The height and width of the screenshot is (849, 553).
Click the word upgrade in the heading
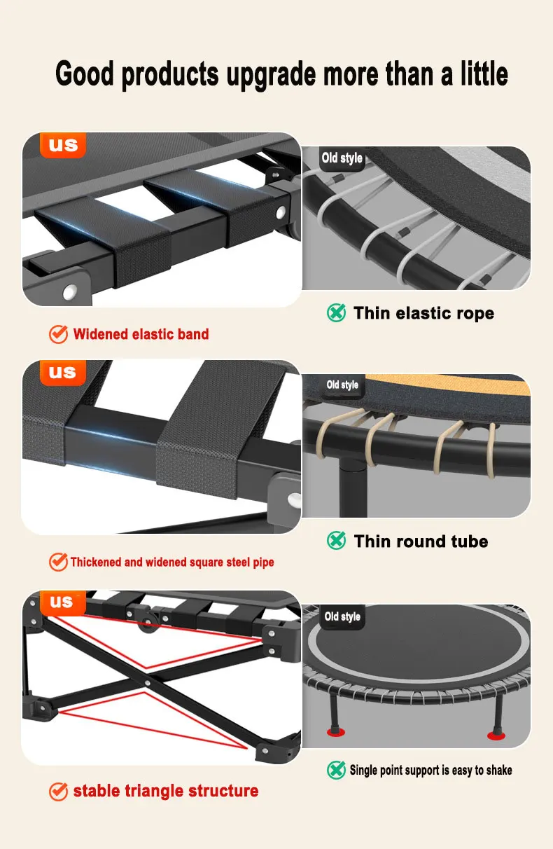[271, 75]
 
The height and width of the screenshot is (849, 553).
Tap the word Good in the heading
[85, 73]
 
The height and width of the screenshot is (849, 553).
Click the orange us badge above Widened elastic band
[63, 145]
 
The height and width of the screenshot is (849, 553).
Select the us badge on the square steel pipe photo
[63, 373]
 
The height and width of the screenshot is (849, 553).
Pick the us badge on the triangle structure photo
[63, 602]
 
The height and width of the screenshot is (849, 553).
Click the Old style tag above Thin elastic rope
[342, 158]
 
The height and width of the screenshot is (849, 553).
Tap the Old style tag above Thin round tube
[342, 385]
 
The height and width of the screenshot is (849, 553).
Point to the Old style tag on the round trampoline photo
[342, 617]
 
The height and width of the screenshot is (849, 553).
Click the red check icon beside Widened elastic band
[58, 334]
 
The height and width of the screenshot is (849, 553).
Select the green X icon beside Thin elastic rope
[336, 313]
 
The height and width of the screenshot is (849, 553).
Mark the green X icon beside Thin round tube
[336, 541]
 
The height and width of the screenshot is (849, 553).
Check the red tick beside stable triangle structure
[58, 792]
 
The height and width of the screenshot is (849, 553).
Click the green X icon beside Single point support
[336, 770]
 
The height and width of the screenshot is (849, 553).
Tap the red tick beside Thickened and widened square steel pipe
[58, 562]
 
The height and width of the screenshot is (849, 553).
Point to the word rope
[475, 314]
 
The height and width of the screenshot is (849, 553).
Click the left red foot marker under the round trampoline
[336, 732]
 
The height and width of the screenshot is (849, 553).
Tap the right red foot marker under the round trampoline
[496, 736]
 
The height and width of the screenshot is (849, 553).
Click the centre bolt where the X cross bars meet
[147, 684]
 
